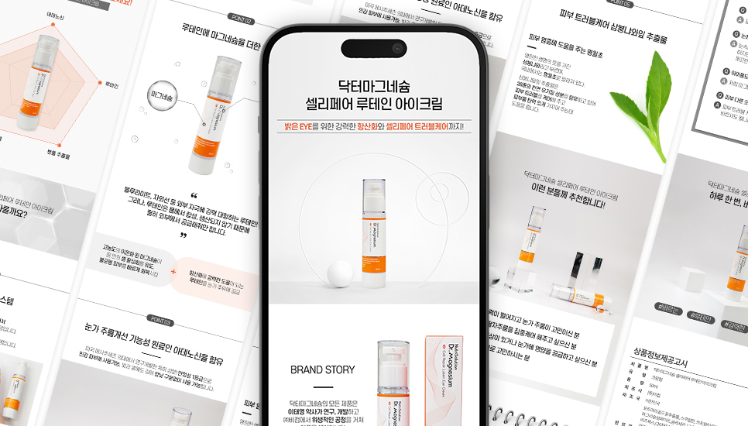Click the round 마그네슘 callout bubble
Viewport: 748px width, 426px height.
click(163, 97)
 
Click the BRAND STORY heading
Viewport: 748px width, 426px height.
click(322, 369)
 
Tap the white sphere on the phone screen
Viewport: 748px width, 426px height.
click(339, 275)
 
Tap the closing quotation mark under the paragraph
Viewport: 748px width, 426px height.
click(184, 235)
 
